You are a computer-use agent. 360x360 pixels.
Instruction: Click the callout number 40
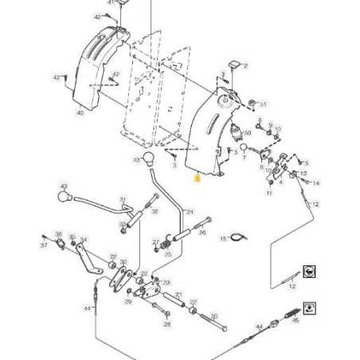[79, 113]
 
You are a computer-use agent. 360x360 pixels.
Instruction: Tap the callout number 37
[44, 245]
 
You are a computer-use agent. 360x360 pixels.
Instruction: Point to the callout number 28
[167, 325]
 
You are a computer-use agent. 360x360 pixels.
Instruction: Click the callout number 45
[295, 321]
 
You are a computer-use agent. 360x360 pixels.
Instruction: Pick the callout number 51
[264, 104]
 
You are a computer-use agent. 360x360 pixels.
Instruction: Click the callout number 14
[315, 183]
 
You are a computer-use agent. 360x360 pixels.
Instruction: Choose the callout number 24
[190, 212]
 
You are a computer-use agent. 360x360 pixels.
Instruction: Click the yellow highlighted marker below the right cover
[198, 180]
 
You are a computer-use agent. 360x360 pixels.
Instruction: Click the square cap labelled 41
[123, 4]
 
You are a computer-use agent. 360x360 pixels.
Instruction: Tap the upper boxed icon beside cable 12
[308, 272]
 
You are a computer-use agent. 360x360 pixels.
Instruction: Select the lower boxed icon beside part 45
[309, 307]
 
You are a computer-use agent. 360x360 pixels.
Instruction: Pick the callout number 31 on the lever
[123, 199]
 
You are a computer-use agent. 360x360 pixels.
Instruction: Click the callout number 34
[84, 239]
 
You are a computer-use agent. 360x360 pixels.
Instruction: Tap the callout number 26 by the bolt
[202, 233]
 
